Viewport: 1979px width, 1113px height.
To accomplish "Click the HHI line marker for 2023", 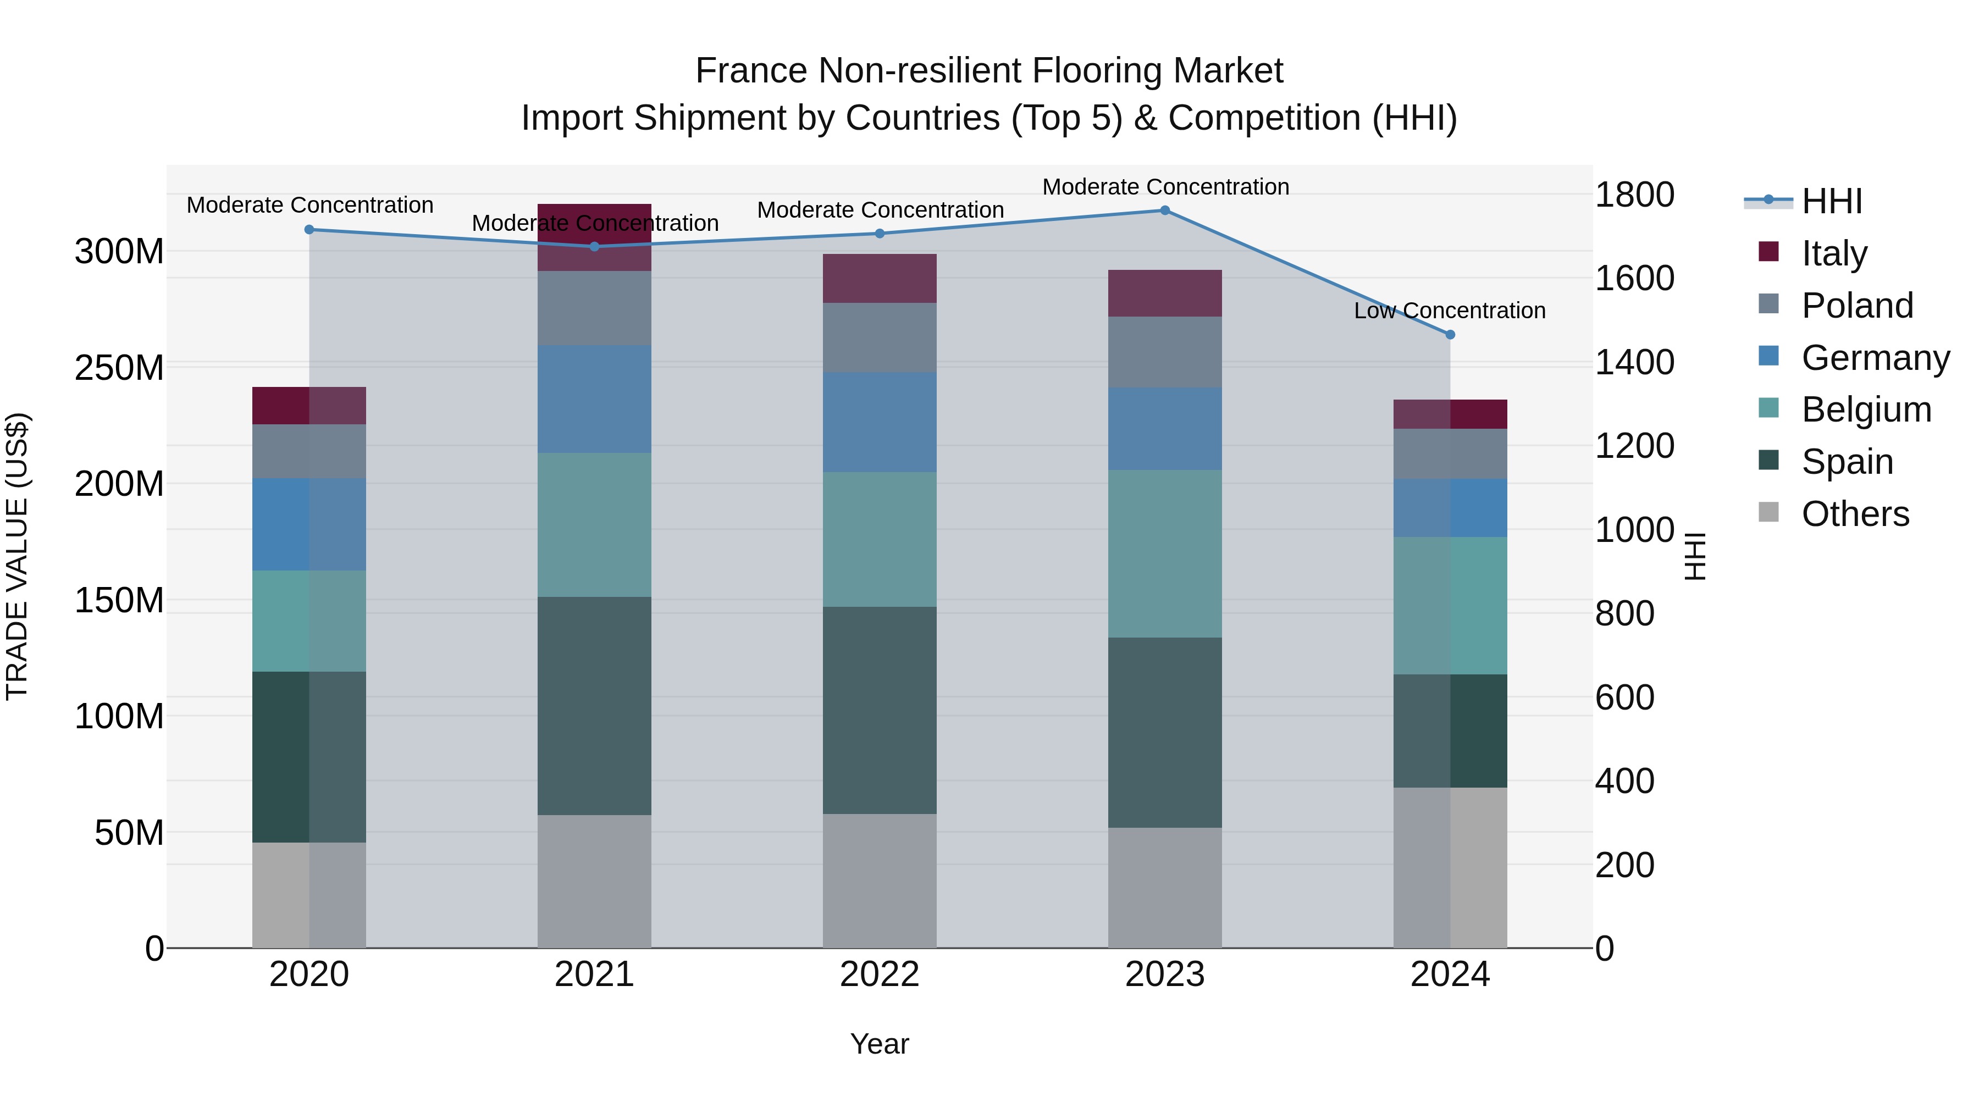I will click(1165, 211).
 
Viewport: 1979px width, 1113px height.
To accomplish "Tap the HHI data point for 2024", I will click(1450, 335).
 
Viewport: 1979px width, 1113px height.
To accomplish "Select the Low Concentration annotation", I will click(1449, 311).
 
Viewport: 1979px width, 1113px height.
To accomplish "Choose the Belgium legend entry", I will click(1865, 409).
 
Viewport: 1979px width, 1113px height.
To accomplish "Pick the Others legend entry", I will click(1855, 514).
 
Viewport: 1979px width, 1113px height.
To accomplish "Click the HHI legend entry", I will click(1832, 201).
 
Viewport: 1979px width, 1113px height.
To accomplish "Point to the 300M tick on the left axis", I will click(119, 251).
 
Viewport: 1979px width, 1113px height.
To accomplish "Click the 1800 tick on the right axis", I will click(1634, 195).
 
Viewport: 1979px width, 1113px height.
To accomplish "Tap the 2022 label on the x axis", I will click(880, 974).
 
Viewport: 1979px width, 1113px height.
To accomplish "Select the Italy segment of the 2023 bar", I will click(1165, 292).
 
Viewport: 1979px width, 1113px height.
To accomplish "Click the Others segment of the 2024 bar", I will click(1450, 867).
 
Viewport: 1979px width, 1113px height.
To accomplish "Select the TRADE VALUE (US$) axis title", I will click(17, 556).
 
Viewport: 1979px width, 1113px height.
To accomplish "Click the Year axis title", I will click(879, 1044).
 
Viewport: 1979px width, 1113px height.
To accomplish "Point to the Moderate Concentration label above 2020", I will click(309, 205).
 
